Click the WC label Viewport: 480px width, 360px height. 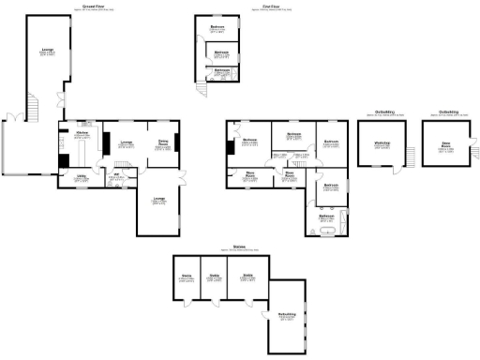[x=117, y=175]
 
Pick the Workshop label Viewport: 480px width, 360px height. [x=382, y=144]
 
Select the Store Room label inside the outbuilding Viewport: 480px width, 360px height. [x=445, y=144]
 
